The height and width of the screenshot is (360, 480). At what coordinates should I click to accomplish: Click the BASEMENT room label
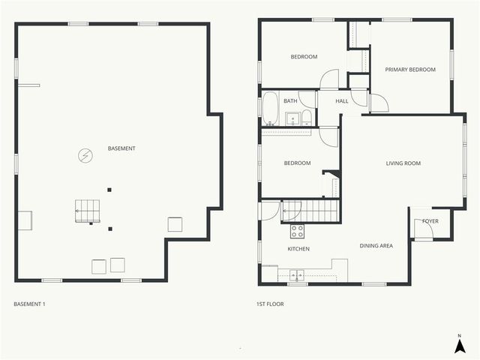(x=121, y=148)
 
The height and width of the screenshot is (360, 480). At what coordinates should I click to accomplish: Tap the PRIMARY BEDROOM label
(x=410, y=70)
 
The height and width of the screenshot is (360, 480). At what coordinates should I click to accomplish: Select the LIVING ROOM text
(x=403, y=163)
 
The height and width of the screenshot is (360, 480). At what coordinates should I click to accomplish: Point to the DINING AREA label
(x=376, y=245)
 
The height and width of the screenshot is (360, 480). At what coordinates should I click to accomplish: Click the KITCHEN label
(x=298, y=249)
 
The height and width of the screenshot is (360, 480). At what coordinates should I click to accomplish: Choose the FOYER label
(x=430, y=221)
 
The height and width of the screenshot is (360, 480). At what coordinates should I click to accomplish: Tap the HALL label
(x=342, y=100)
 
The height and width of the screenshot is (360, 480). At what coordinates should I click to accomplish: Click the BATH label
(x=289, y=100)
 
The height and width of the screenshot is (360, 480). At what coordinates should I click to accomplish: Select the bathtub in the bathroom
(x=270, y=109)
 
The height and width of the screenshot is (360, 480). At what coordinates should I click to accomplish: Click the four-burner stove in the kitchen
(x=297, y=231)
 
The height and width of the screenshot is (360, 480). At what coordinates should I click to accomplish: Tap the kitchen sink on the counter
(x=297, y=274)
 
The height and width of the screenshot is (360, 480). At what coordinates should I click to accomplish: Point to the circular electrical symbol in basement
(x=85, y=155)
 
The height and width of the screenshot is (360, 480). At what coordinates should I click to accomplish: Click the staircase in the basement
(x=87, y=211)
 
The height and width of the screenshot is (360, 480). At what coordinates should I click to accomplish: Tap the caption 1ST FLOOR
(x=270, y=304)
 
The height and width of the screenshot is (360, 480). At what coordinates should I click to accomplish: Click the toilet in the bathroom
(x=307, y=117)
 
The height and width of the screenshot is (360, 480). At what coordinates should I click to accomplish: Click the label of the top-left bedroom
(x=304, y=57)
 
